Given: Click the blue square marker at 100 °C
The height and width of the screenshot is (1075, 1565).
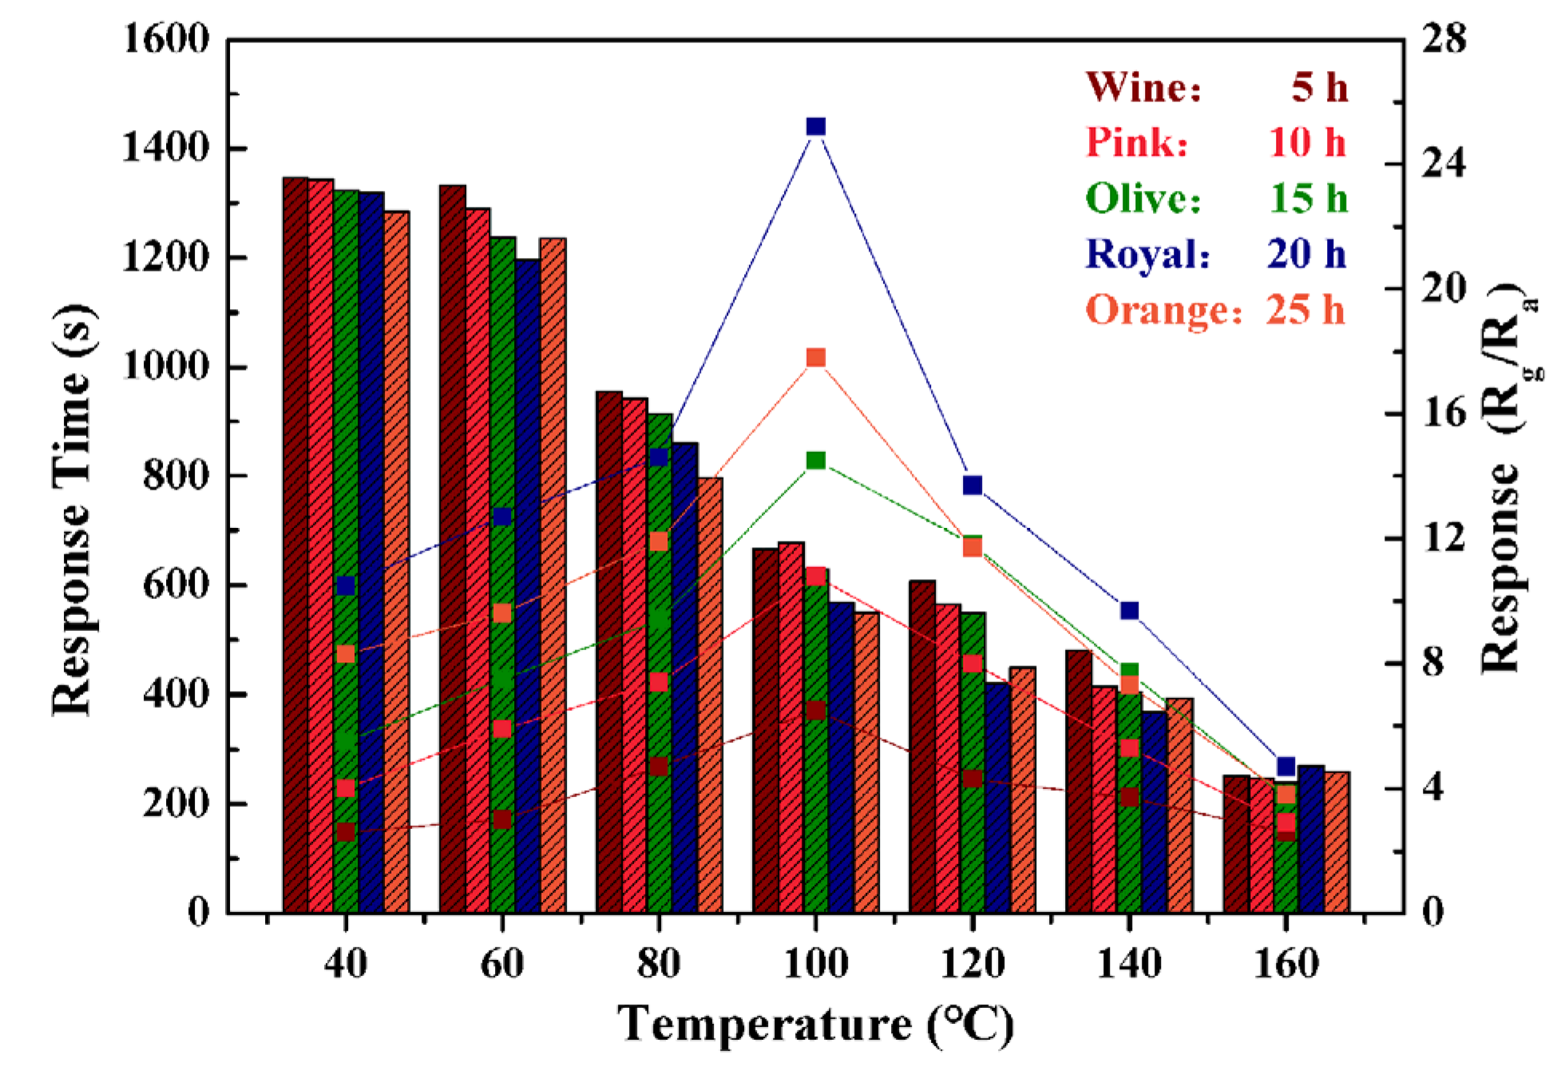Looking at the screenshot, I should coord(815,126).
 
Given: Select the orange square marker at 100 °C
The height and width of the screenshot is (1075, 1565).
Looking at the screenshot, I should coord(815,357).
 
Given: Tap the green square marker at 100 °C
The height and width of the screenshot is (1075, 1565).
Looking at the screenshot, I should coord(815,460).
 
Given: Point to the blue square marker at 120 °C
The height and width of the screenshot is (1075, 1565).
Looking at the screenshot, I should coord(972,485).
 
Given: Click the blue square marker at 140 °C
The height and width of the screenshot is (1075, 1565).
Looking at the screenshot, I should coord(1129,610).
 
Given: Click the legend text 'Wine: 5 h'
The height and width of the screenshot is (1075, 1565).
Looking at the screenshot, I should coord(1215,86).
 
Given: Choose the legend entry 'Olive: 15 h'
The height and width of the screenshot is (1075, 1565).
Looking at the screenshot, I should coord(1215,198).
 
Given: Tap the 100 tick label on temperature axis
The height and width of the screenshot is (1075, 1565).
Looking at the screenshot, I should coord(815,963).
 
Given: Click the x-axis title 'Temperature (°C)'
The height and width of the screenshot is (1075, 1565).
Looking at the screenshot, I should coord(815,1025).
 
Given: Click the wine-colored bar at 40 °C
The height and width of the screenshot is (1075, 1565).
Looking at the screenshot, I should coord(295,559).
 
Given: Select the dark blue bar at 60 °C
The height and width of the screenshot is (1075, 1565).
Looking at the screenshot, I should coord(528,599).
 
